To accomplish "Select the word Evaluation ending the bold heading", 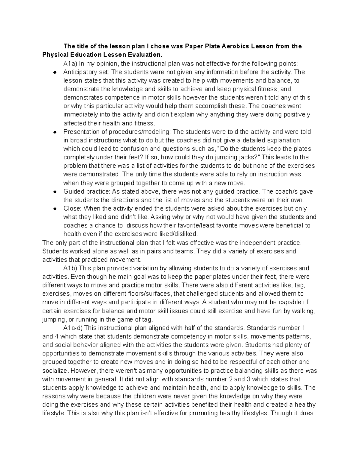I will (142, 55).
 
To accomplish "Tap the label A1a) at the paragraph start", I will (70, 64).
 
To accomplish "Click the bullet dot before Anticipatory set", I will (55, 72).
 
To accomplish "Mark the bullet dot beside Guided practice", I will (55, 192).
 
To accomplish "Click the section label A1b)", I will (70, 268).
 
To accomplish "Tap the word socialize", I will (55, 370).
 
